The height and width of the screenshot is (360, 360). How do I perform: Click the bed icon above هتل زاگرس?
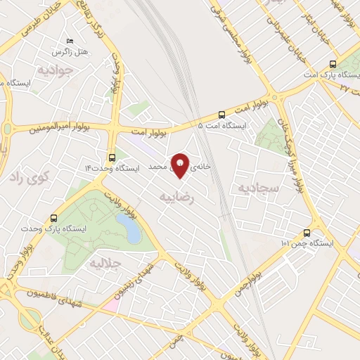(68, 41)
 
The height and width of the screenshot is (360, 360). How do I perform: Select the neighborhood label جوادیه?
(56, 70)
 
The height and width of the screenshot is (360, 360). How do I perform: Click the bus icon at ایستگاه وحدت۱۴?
(112, 157)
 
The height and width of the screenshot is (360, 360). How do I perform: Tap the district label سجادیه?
(259, 188)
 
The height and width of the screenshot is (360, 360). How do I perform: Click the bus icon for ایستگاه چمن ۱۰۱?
(306, 233)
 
